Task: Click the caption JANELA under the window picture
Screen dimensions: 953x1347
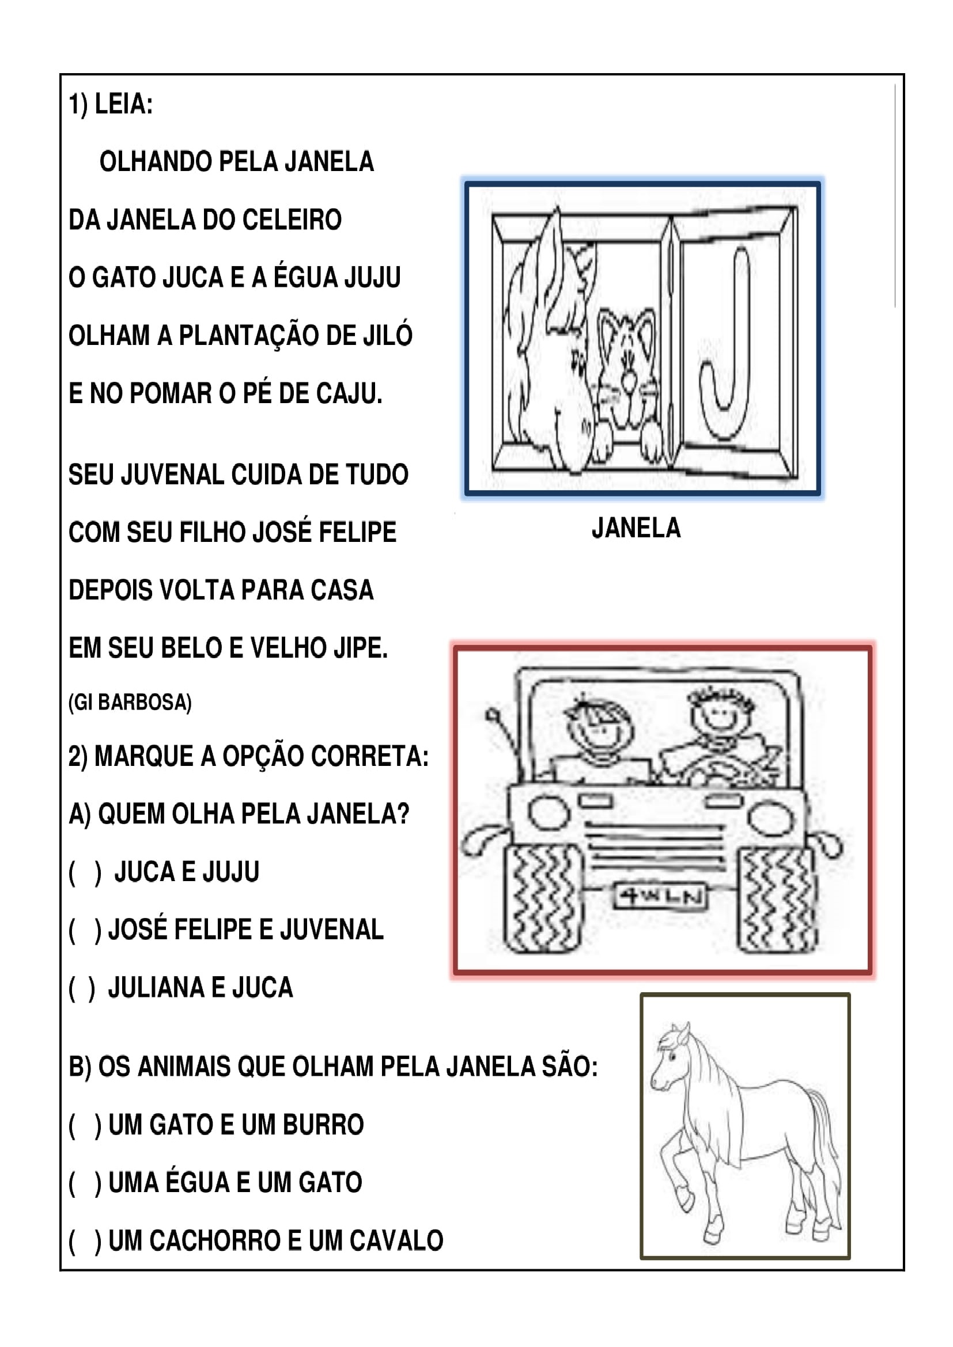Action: (636, 528)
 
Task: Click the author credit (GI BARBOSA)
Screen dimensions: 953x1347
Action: (130, 702)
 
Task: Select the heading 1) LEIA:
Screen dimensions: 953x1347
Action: (111, 104)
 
